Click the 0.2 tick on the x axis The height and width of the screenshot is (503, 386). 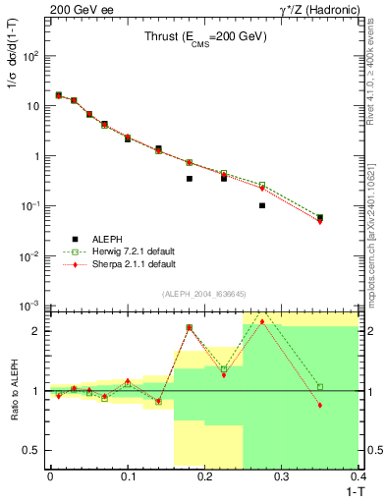coord(204,475)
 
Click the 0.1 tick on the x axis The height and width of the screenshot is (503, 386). coord(127,475)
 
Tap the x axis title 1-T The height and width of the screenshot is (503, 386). coord(350,489)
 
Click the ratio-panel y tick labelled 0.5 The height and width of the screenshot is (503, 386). coord(36,451)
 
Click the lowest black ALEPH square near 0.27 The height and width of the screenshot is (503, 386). coord(262,205)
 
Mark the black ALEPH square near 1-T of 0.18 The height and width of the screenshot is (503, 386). coord(189,179)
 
